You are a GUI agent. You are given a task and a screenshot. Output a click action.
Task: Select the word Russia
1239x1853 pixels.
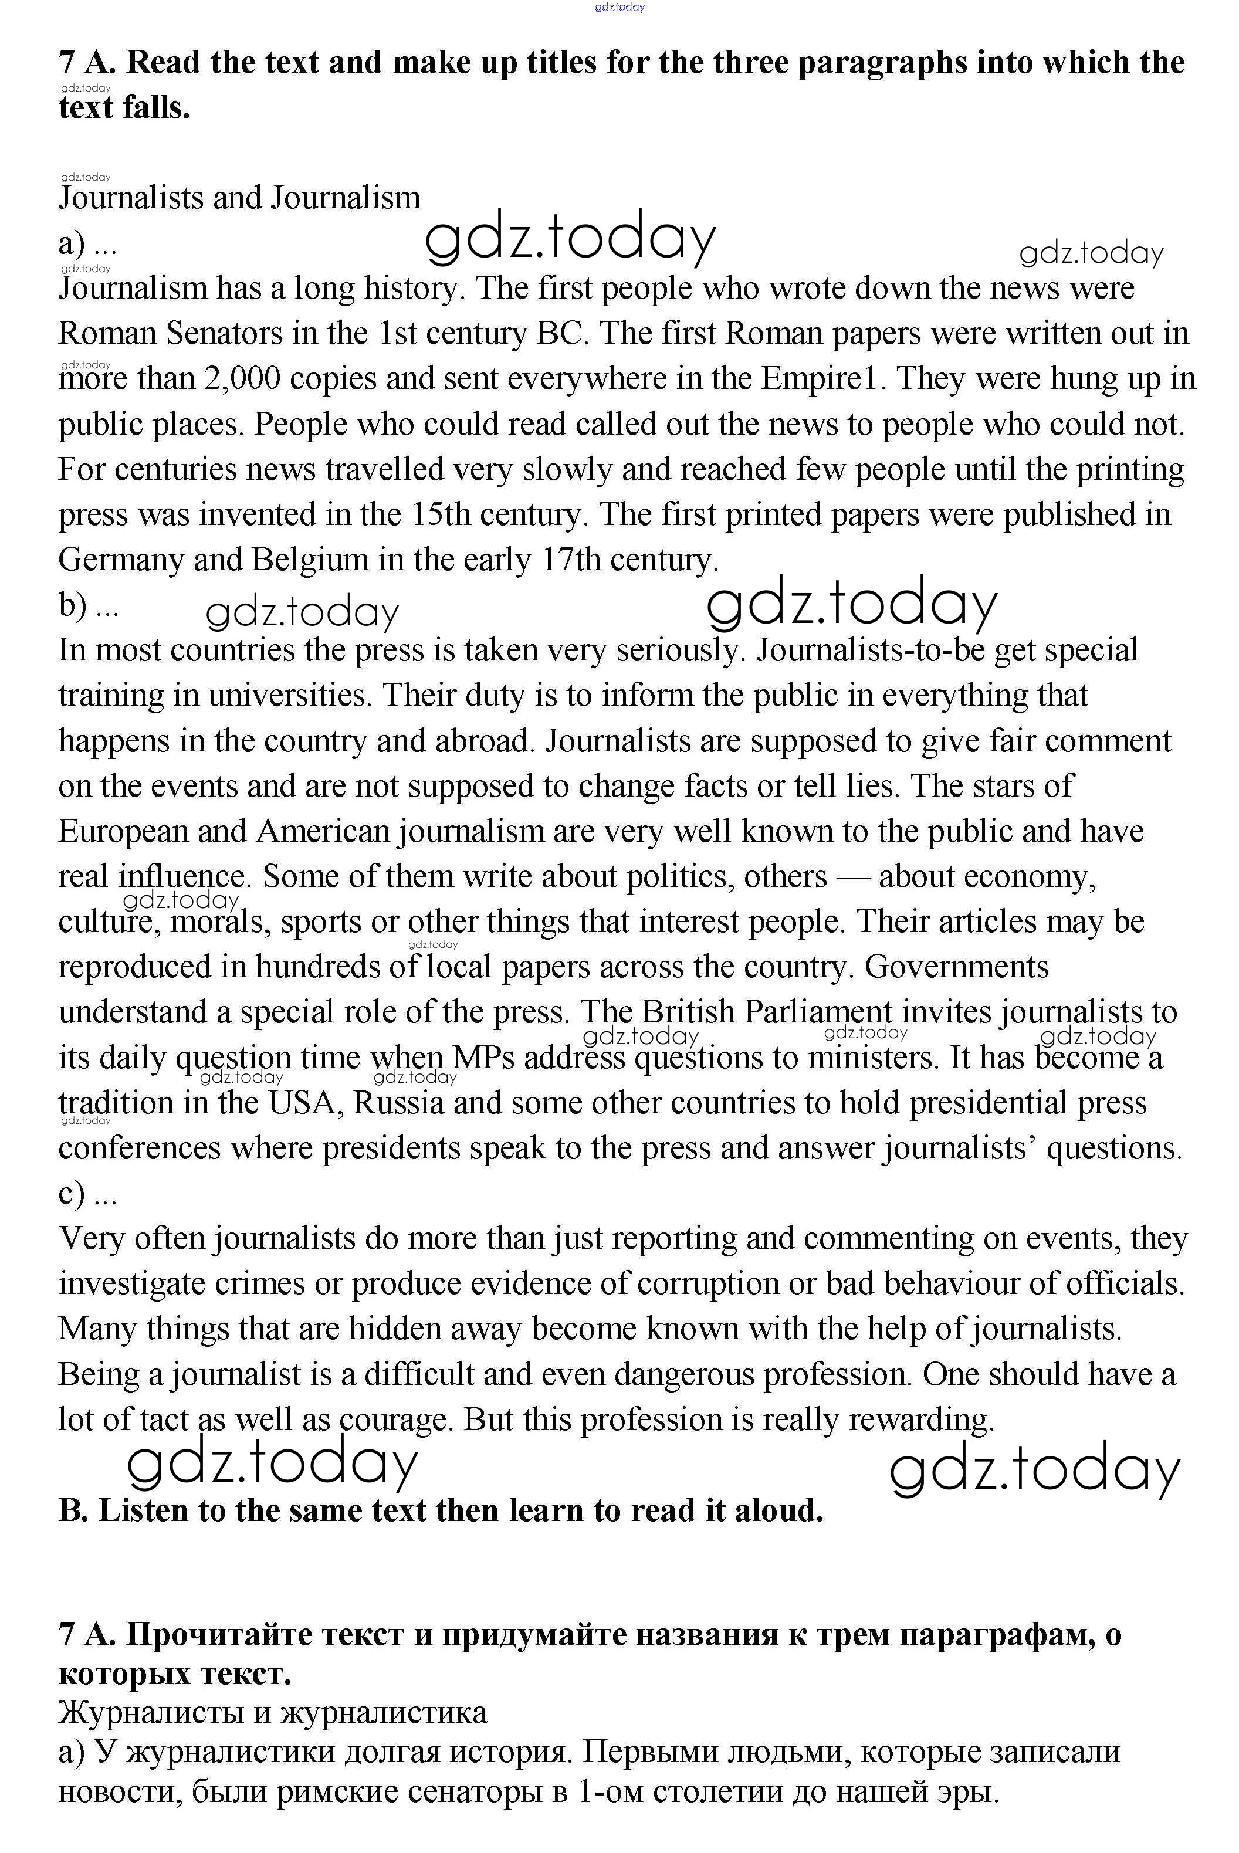pos(398,1103)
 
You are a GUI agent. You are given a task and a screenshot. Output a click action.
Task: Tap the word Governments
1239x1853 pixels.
pos(956,967)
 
